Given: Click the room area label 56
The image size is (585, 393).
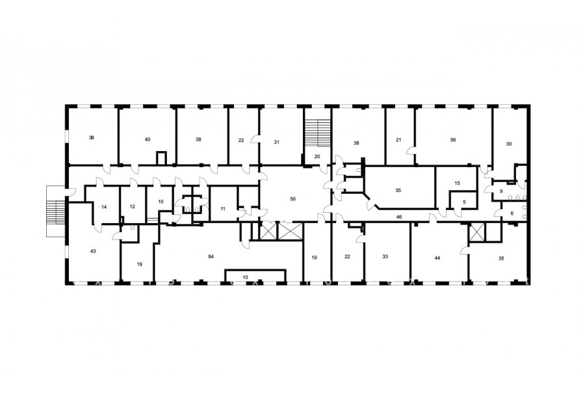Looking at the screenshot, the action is click(x=453, y=140).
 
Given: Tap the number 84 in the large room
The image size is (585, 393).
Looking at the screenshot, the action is click(x=211, y=256).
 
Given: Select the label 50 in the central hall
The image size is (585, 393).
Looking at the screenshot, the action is click(x=293, y=198).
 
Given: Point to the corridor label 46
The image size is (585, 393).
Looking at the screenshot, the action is click(x=399, y=217).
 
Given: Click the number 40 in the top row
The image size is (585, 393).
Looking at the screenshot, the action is click(x=148, y=139).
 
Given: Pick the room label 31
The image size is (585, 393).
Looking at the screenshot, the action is click(x=276, y=142).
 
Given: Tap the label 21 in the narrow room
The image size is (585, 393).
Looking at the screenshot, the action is click(x=398, y=140).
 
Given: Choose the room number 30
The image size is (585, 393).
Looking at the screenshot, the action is click(x=509, y=144).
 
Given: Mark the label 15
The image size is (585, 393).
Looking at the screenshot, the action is click(x=458, y=183).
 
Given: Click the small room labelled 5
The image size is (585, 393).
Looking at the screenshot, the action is click(x=465, y=202).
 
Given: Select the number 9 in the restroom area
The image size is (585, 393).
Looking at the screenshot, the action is click(x=501, y=191).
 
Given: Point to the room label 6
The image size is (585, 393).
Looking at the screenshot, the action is click(x=512, y=213).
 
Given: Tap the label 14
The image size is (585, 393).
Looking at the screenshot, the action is click(x=104, y=207).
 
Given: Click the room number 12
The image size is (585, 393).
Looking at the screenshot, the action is click(x=132, y=207).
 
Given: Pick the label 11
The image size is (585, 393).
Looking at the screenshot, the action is click(x=223, y=209).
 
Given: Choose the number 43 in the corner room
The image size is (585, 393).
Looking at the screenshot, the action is click(x=93, y=251).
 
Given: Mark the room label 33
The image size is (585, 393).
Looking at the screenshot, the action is click(x=385, y=256).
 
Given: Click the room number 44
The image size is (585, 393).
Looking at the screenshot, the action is click(x=437, y=258).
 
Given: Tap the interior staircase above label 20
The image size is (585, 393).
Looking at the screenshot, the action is click(x=318, y=133).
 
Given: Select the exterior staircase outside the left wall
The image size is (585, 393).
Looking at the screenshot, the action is click(x=56, y=211).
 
